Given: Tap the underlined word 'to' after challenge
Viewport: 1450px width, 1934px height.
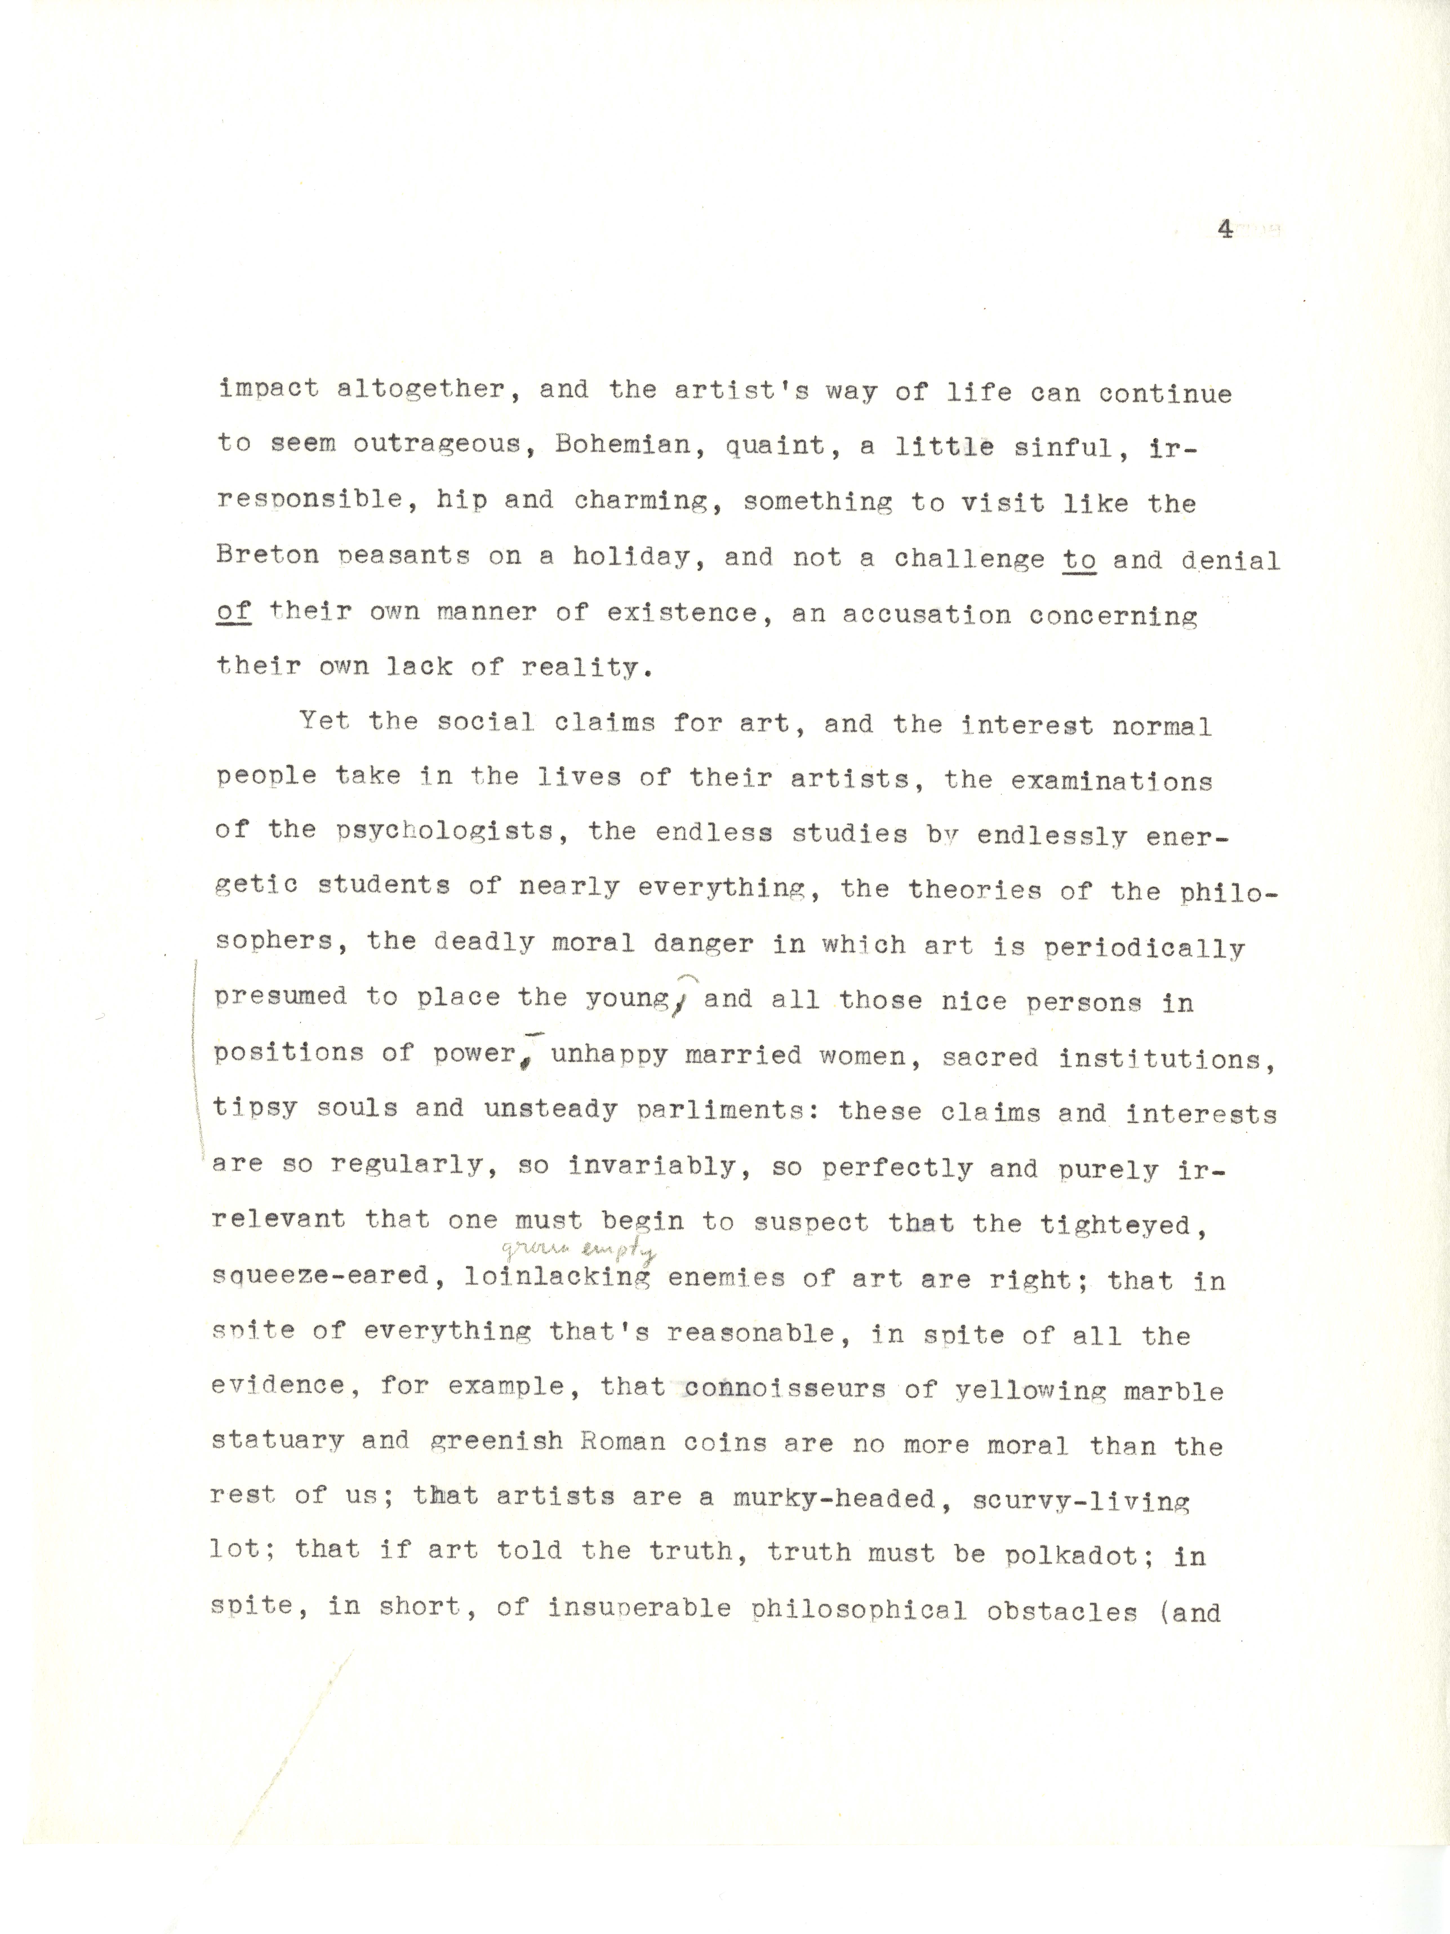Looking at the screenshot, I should click(x=1079, y=560).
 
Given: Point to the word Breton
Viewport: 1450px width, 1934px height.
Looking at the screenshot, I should click(x=268, y=556).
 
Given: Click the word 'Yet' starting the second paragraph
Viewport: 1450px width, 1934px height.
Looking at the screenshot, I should click(x=324, y=721).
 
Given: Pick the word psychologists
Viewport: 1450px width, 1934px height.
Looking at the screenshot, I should click(x=446, y=831).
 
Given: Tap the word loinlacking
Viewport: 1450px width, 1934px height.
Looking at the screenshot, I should click(x=557, y=1277).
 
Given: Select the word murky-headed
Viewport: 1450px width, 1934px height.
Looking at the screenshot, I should click(x=822, y=1499).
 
